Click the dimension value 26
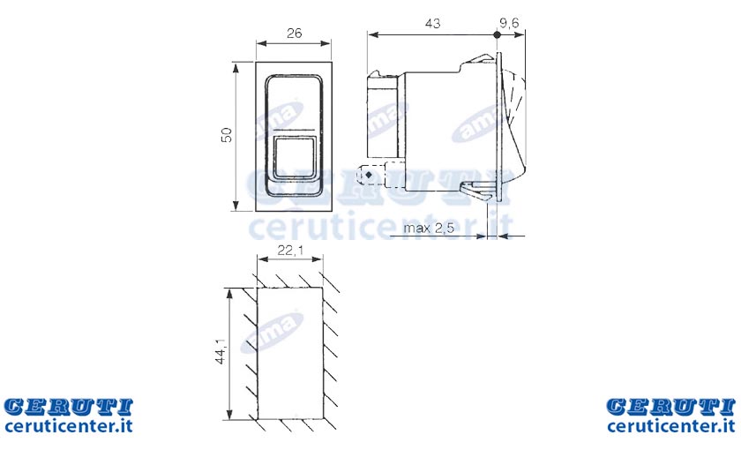pyautogui.click(x=294, y=34)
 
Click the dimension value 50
pyautogui.click(x=228, y=135)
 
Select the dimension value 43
pyautogui.click(x=432, y=23)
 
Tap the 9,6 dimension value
pyautogui.click(x=509, y=22)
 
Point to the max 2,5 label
pyautogui.click(x=429, y=228)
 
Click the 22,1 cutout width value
pyautogui.click(x=289, y=250)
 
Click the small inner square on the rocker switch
pyautogui.click(x=295, y=157)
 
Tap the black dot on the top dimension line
pyautogui.click(x=497, y=34)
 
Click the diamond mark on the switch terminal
pyautogui.click(x=369, y=175)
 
